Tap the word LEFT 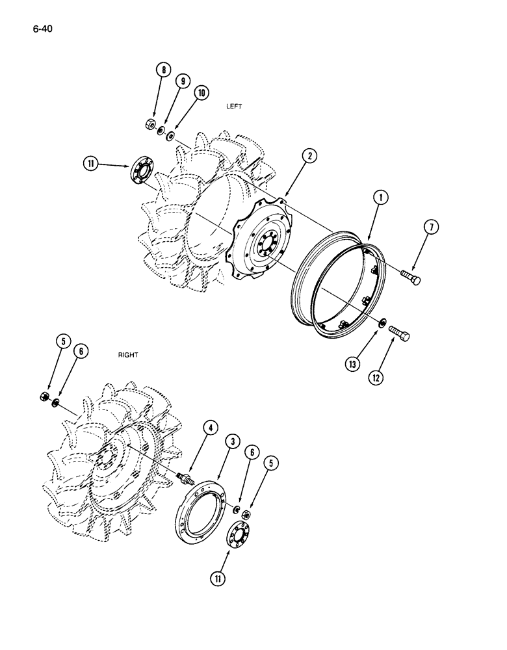point(234,107)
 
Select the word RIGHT point(128,356)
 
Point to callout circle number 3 point(231,443)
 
